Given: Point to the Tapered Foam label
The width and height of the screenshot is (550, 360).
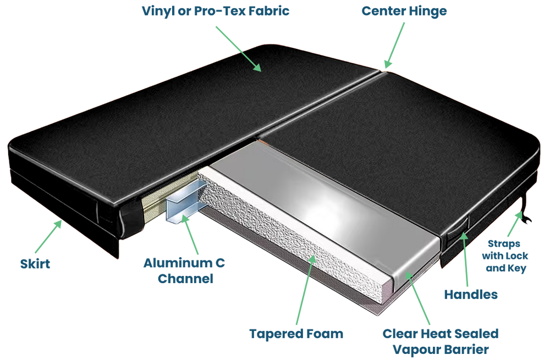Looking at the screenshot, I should pyautogui.click(x=296, y=334).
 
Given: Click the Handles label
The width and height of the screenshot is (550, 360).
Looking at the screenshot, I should pyautogui.click(x=471, y=295).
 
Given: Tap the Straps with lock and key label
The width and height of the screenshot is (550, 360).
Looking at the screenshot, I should pyautogui.click(x=504, y=256).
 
